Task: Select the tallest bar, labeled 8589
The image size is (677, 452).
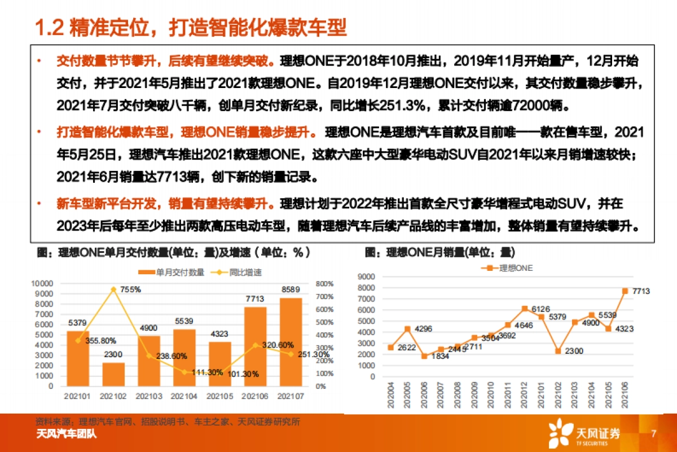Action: (291, 342)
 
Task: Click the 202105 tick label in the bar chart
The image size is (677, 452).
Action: (220, 397)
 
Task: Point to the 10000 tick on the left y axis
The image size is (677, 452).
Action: (42, 283)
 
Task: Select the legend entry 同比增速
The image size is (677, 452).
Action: (236, 273)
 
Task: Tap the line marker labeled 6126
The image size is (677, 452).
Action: (525, 309)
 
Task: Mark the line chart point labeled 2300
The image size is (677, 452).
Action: (557, 351)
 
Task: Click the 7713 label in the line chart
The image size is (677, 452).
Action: (640, 291)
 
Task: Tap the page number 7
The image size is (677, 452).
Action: (653, 434)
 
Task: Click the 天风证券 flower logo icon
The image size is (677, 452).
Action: (560, 434)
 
